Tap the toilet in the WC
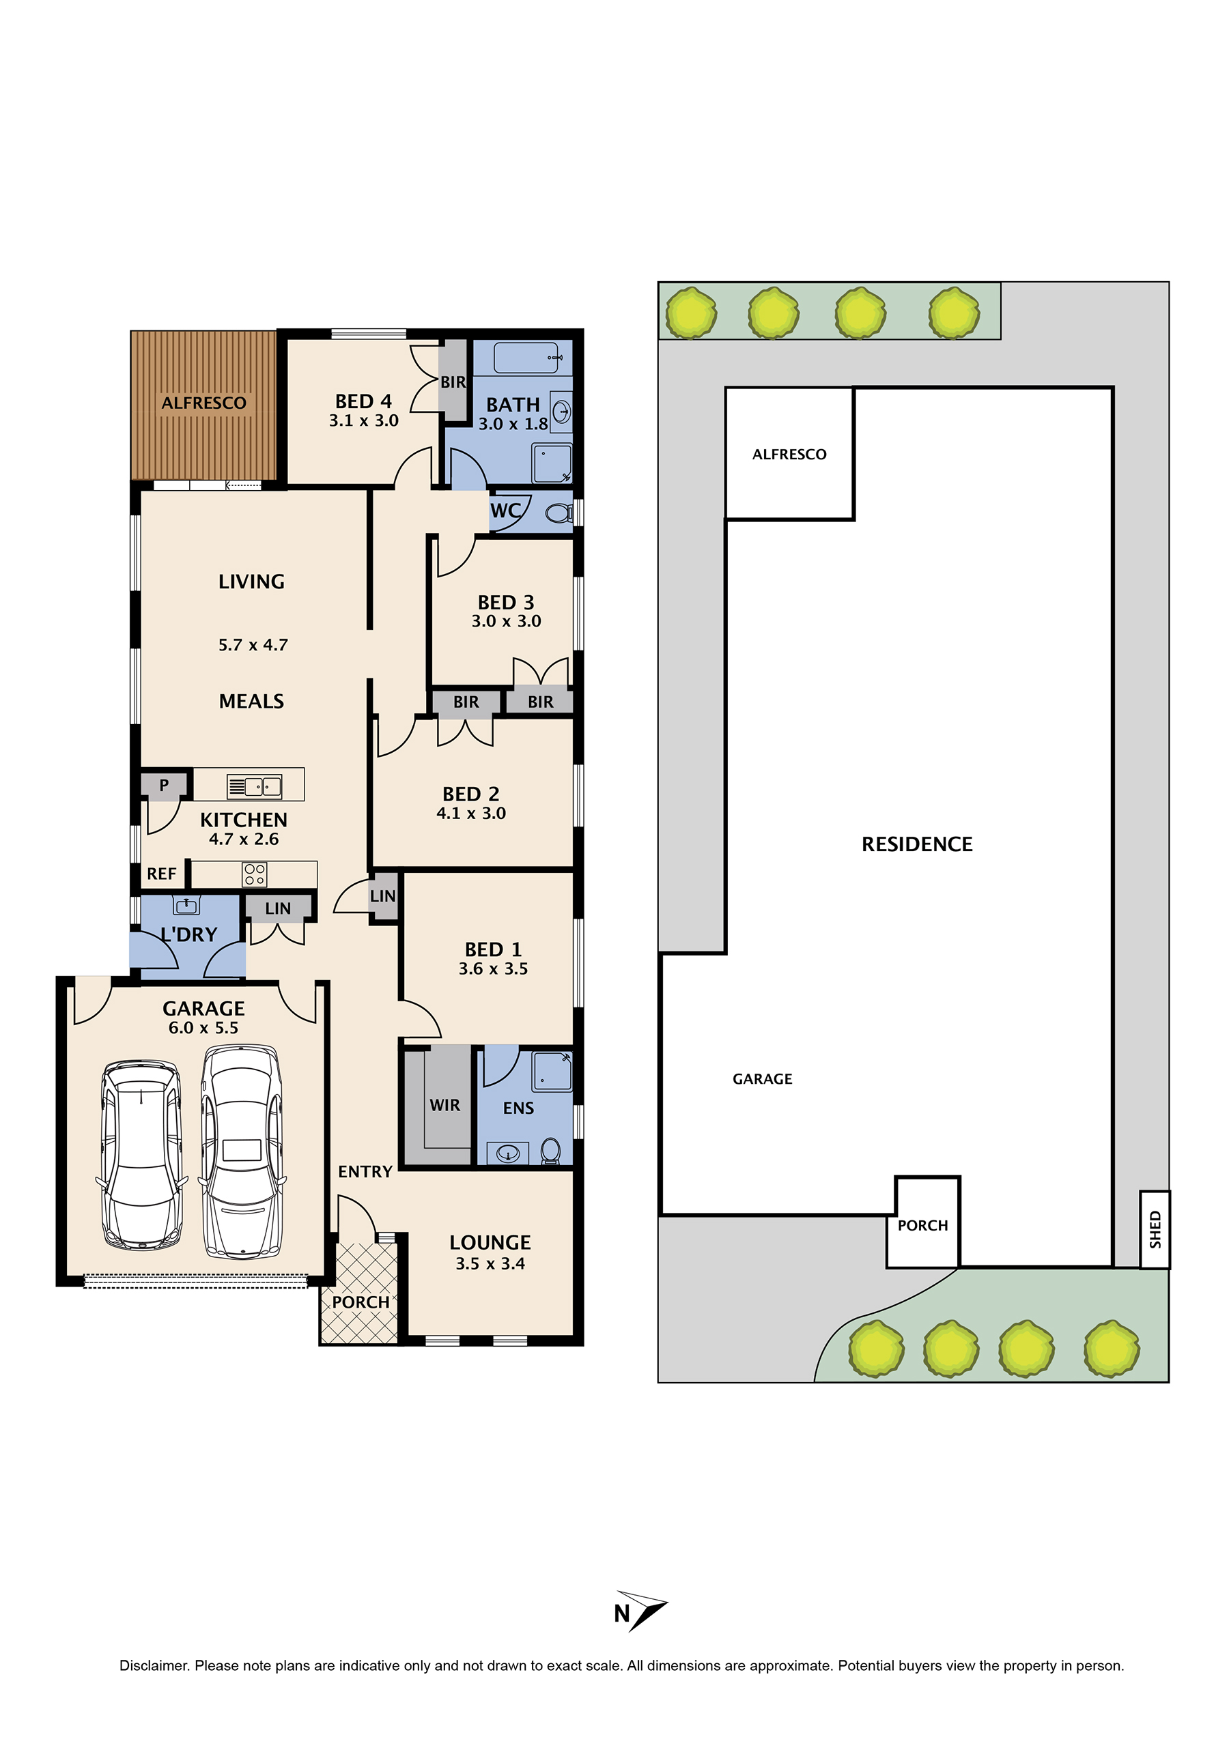(x=560, y=514)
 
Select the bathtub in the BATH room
(x=528, y=357)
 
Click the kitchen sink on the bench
(x=254, y=787)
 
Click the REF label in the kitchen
(x=161, y=874)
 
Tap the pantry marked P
(x=163, y=786)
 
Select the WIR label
(x=445, y=1105)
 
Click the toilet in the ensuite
(x=551, y=1151)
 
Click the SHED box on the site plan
(x=1155, y=1229)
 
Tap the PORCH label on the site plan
(x=922, y=1226)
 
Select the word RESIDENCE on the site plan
(x=917, y=844)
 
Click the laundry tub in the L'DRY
(x=186, y=905)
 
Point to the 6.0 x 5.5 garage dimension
(x=203, y=1027)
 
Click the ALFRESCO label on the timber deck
(x=203, y=403)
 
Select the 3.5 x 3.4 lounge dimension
(x=490, y=1263)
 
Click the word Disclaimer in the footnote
(x=154, y=1665)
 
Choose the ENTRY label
(x=365, y=1172)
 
